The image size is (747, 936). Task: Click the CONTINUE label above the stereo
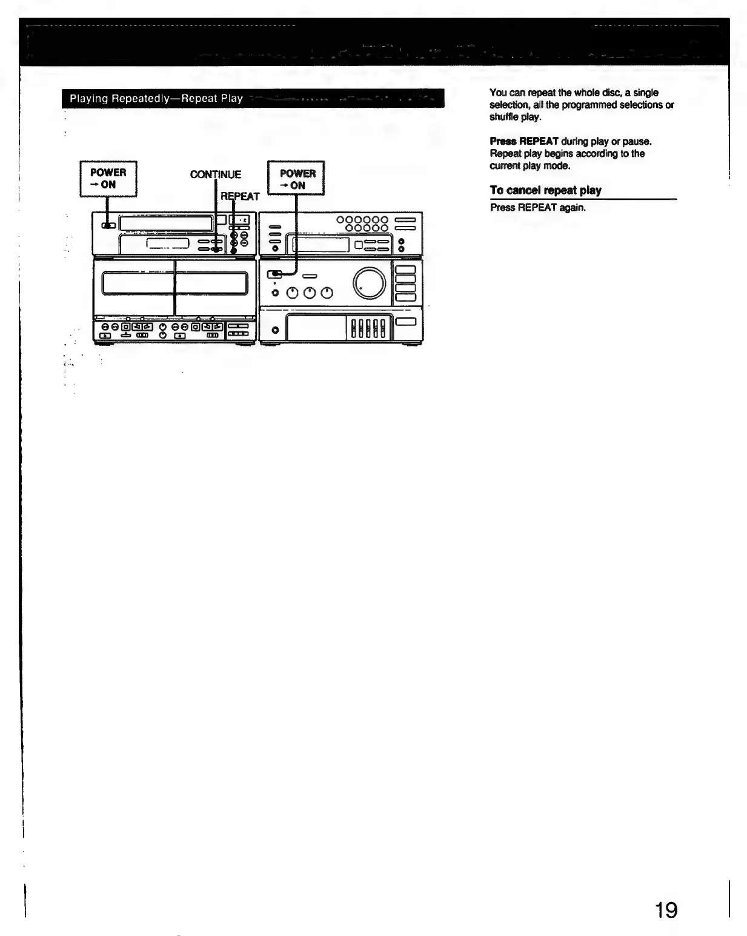tap(215, 174)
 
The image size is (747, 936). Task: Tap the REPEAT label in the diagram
tap(240, 196)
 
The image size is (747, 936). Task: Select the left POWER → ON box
tap(108, 179)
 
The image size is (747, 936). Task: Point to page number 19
tap(666, 910)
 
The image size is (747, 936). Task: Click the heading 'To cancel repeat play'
tap(545, 190)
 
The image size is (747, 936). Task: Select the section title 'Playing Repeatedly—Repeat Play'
tap(156, 98)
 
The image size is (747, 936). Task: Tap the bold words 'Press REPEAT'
tap(524, 141)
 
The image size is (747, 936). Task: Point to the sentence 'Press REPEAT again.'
tap(537, 207)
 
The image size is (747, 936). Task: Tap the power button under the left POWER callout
tap(108, 225)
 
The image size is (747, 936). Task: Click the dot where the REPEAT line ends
tap(233, 250)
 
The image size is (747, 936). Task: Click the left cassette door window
tap(138, 283)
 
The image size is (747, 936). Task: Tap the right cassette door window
tap(211, 283)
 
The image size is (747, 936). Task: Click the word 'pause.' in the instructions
tap(637, 141)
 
